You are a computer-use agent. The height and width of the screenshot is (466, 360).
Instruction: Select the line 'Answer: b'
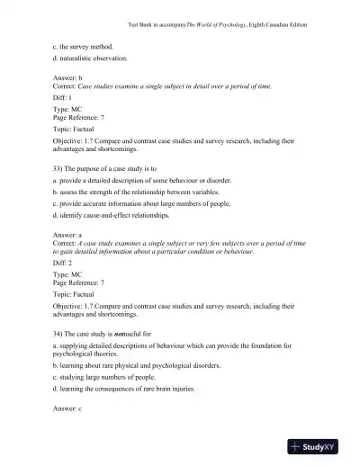click(x=68, y=78)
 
